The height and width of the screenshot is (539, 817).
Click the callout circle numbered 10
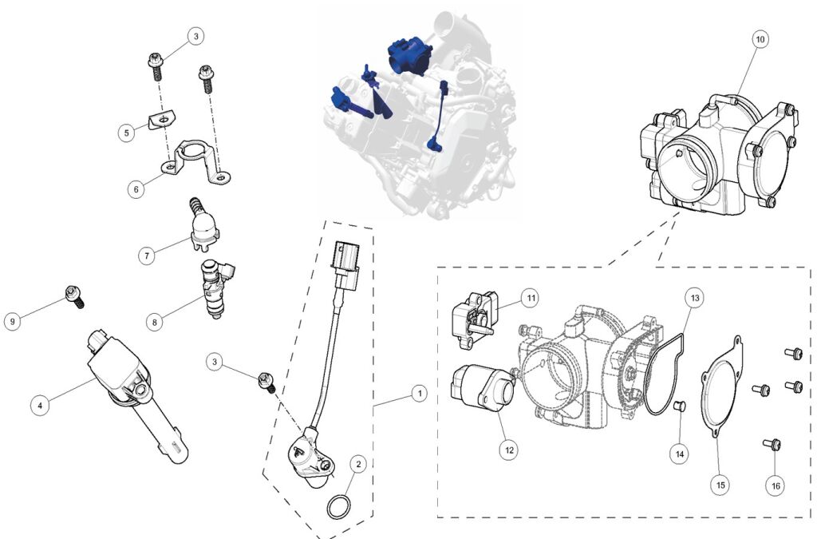tap(760, 39)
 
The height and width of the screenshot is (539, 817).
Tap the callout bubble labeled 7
tap(147, 256)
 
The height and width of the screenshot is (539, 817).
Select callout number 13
tap(695, 298)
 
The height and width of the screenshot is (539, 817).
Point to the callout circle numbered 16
tap(776, 485)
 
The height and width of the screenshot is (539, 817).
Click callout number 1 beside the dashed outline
tap(419, 394)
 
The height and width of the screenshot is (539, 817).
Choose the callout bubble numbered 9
tap(13, 321)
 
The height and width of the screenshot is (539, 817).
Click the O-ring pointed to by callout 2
tap(338, 507)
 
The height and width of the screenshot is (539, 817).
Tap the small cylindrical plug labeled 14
tap(680, 406)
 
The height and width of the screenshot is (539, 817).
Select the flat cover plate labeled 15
tap(721, 386)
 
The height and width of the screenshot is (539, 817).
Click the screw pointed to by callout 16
tap(772, 444)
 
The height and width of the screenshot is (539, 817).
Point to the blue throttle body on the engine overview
tap(409, 55)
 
